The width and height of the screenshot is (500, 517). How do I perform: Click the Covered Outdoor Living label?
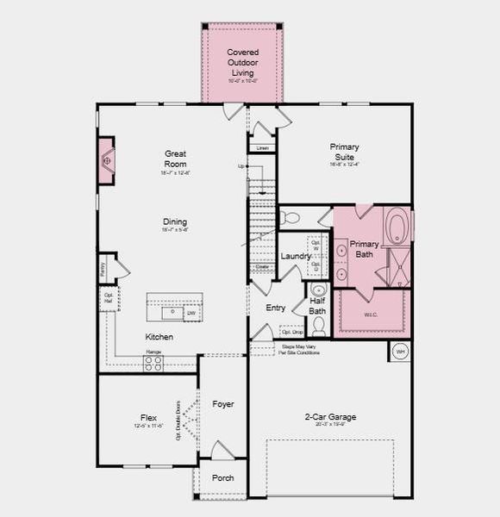(242, 62)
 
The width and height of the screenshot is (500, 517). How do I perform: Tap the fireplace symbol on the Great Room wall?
(107, 161)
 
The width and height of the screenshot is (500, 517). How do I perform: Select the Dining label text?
(175, 222)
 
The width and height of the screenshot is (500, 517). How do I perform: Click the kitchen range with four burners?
(153, 364)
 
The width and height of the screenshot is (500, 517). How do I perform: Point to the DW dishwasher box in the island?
(191, 313)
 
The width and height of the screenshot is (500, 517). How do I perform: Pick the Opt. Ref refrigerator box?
(109, 299)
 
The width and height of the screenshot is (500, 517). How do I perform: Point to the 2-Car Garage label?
(330, 417)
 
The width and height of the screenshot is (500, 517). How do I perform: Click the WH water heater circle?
(400, 352)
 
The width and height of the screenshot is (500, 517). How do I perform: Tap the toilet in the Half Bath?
(318, 325)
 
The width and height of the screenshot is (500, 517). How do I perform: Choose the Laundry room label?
(296, 257)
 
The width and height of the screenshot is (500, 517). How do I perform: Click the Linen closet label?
(262, 148)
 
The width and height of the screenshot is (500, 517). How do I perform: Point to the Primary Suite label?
(344, 153)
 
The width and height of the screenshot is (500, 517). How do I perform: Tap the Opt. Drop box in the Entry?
(291, 331)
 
